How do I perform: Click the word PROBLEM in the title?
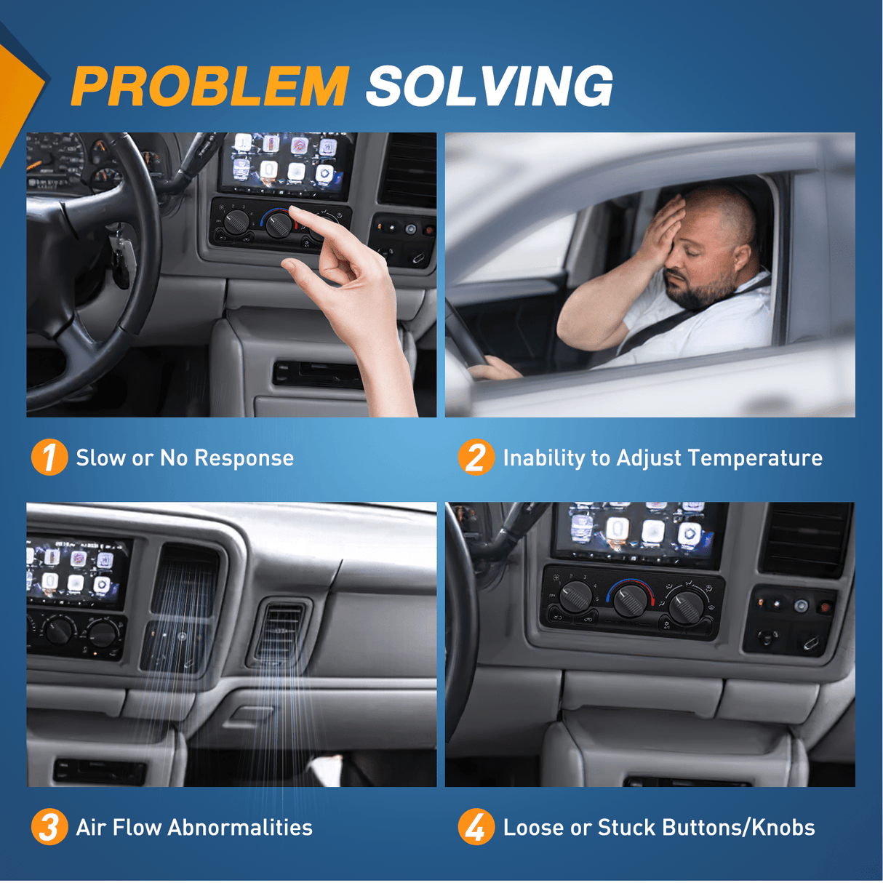click(x=210, y=86)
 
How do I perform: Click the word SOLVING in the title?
click(x=489, y=86)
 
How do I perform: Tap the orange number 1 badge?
click(x=49, y=458)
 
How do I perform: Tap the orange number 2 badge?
click(x=476, y=458)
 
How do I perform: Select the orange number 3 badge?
click(x=49, y=827)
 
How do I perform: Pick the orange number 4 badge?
click(x=476, y=827)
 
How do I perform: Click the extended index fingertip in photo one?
click(x=294, y=210)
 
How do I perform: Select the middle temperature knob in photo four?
click(x=630, y=602)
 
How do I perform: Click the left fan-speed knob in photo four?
click(x=575, y=596)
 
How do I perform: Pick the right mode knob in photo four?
click(x=686, y=607)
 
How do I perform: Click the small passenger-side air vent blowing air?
click(x=281, y=632)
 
